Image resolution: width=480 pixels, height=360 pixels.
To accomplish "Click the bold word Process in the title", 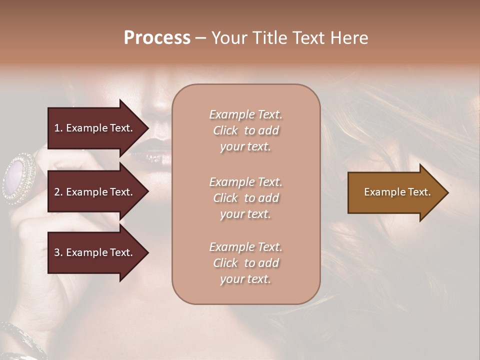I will (x=157, y=38).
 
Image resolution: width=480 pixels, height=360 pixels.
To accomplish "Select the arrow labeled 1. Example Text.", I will (x=95, y=128).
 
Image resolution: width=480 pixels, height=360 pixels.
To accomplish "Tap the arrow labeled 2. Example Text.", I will (x=95, y=192).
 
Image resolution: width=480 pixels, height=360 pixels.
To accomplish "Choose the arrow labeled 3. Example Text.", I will (x=95, y=252).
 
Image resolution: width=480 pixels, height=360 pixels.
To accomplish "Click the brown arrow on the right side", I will (x=395, y=192).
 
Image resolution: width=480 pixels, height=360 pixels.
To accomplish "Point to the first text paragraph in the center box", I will (x=245, y=130).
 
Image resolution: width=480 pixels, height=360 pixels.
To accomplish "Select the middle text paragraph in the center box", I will (x=245, y=198).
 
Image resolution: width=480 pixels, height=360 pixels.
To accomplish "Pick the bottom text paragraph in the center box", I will (x=245, y=263).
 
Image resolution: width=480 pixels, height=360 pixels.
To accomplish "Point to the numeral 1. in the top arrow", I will (x=58, y=128).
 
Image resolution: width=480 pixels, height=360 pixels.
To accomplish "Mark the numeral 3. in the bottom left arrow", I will (x=58, y=252).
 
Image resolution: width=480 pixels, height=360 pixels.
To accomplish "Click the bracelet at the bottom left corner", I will (x=20, y=340).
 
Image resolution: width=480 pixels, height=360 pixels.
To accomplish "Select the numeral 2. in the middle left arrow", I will (x=58, y=192).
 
